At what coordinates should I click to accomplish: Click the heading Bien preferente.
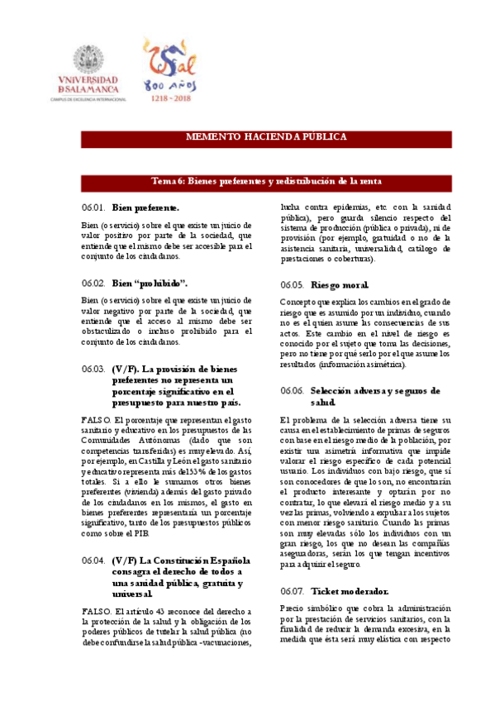(145, 207)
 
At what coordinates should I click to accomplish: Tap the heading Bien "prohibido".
(150, 282)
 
